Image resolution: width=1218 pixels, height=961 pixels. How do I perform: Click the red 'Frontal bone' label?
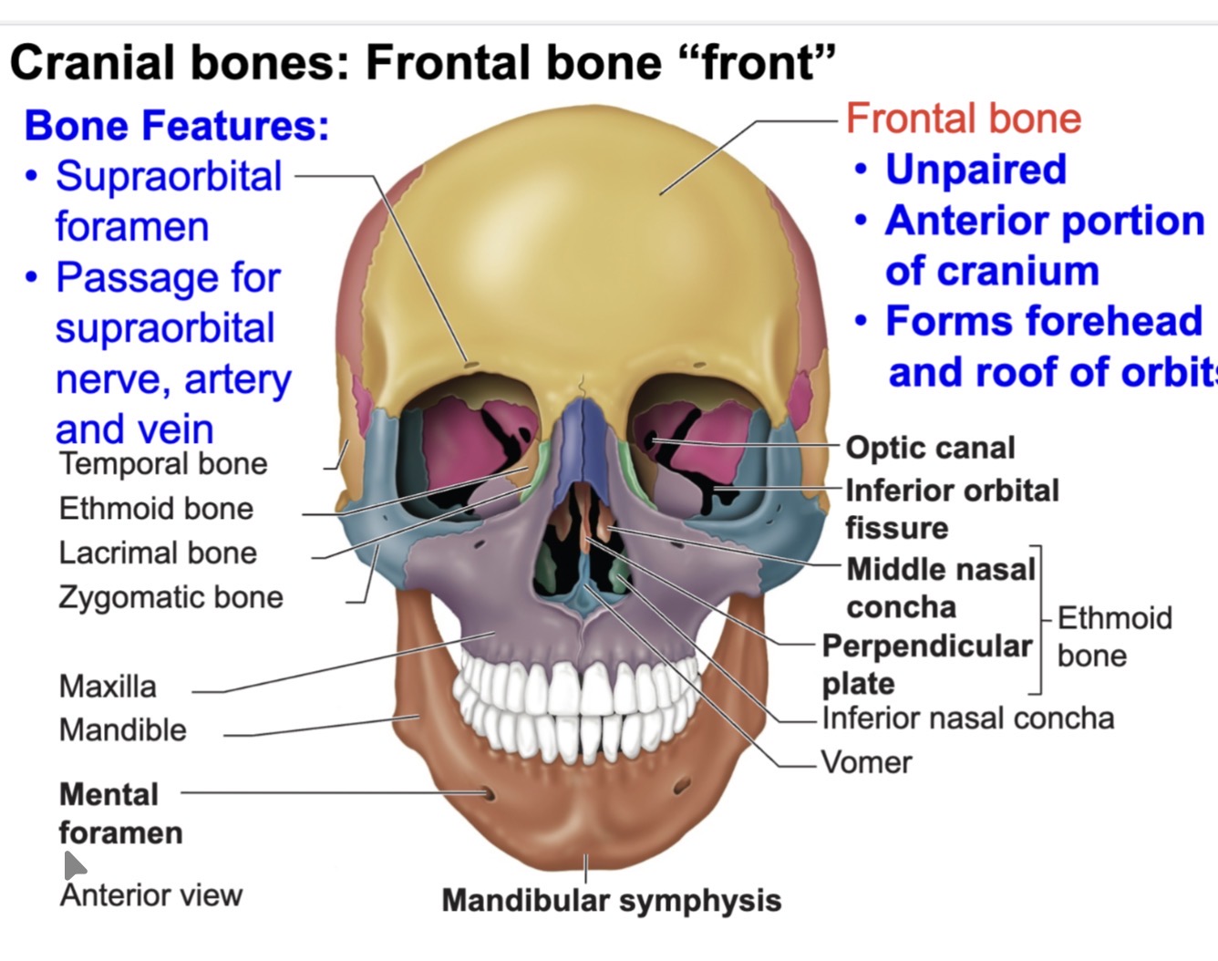coord(963,119)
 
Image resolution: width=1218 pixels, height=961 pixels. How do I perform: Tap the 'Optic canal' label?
coord(930,448)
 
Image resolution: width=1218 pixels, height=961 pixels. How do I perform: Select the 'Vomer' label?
coord(866,762)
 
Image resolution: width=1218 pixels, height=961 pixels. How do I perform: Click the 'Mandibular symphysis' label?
coord(611,901)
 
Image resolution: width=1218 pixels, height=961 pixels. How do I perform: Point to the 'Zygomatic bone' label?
coord(170,597)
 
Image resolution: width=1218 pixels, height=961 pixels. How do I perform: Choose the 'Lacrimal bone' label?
coord(158,553)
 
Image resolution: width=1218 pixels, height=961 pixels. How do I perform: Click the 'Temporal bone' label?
coord(163,463)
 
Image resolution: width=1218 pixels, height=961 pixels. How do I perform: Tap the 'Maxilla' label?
coord(108,686)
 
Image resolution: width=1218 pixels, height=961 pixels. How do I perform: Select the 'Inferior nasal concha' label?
coord(967,718)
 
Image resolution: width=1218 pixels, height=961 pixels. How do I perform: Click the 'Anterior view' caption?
coord(151,895)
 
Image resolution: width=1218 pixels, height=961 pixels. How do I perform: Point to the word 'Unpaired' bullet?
coord(975,170)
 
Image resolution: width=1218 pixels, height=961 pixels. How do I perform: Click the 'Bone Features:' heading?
coord(177,126)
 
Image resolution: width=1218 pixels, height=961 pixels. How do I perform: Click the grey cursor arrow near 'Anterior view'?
coord(73,864)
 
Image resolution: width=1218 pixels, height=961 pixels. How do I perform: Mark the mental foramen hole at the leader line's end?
coord(489,794)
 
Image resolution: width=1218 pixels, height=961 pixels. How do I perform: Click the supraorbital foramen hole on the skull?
coord(471,366)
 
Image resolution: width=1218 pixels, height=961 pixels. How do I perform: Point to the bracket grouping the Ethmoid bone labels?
coord(1039,620)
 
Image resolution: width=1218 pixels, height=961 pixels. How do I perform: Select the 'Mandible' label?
coord(122,730)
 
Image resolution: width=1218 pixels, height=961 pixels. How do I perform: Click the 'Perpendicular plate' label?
coord(926,664)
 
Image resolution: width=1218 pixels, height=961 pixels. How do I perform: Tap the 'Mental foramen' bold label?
coord(120,813)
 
